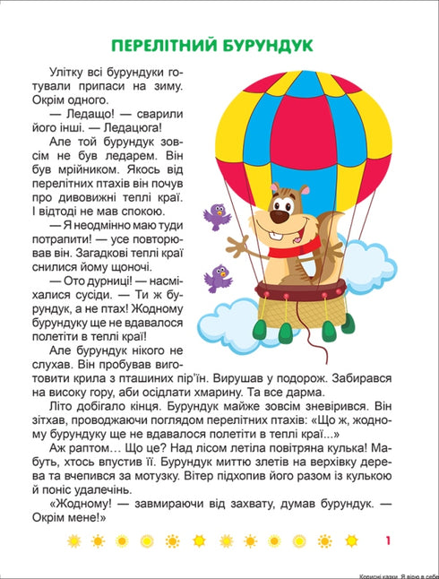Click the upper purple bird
pos(215,215)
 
